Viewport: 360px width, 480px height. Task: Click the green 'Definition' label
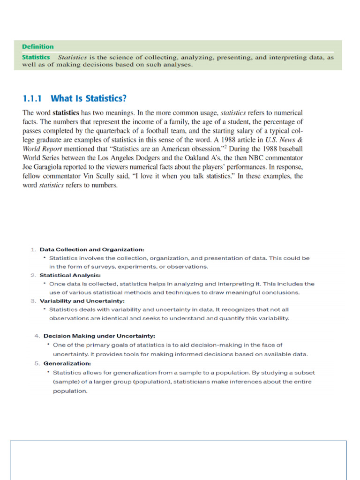[38, 47]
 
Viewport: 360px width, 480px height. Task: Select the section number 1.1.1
[32, 98]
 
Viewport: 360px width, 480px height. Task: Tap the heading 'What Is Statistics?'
[89, 98]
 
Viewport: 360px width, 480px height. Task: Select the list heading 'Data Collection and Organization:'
[92, 249]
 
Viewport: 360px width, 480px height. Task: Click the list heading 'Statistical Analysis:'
[70, 275]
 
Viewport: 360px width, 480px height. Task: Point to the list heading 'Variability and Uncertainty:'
[82, 301]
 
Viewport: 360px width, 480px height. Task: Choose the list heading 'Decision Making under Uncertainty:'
[99, 336]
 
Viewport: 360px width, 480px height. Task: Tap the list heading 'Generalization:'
[67, 363]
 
